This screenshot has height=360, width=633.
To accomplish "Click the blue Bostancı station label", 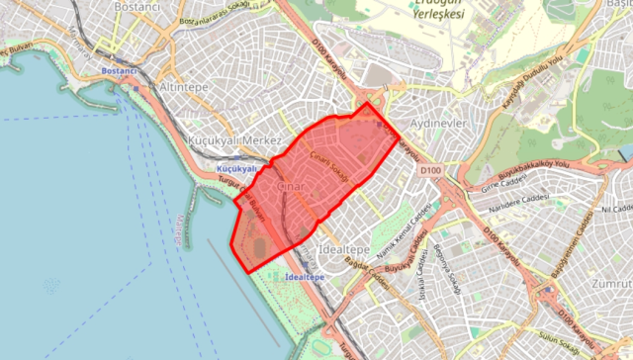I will pos(118,72).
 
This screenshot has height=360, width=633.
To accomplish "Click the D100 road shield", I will pos(430,170).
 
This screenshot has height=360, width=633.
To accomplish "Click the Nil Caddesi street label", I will pos(615,210).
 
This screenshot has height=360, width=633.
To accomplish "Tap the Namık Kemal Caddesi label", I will pos(416,222).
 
